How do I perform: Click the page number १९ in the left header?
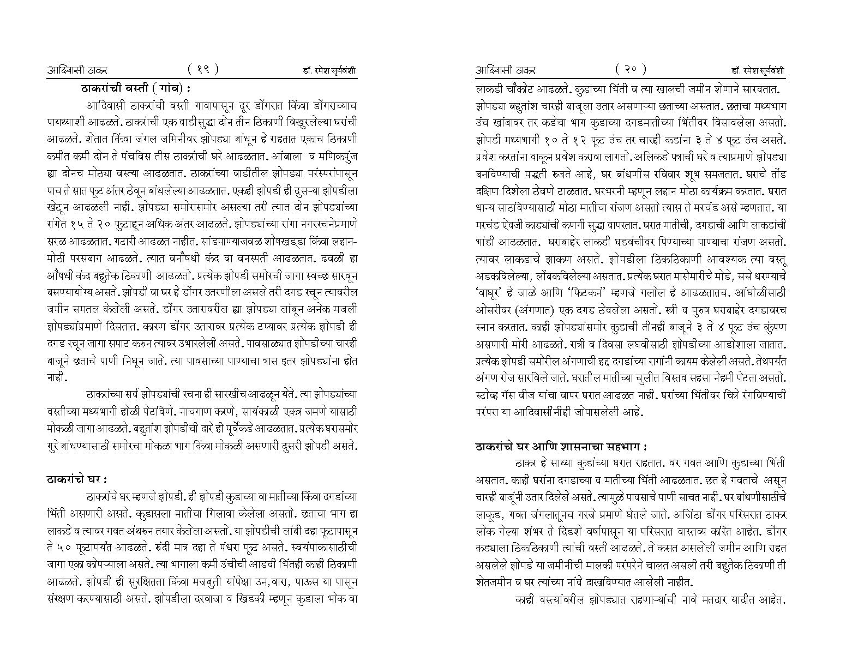203,69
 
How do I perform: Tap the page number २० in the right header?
631,69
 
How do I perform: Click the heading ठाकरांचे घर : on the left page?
77,479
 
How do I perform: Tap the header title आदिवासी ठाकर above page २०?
506,70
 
